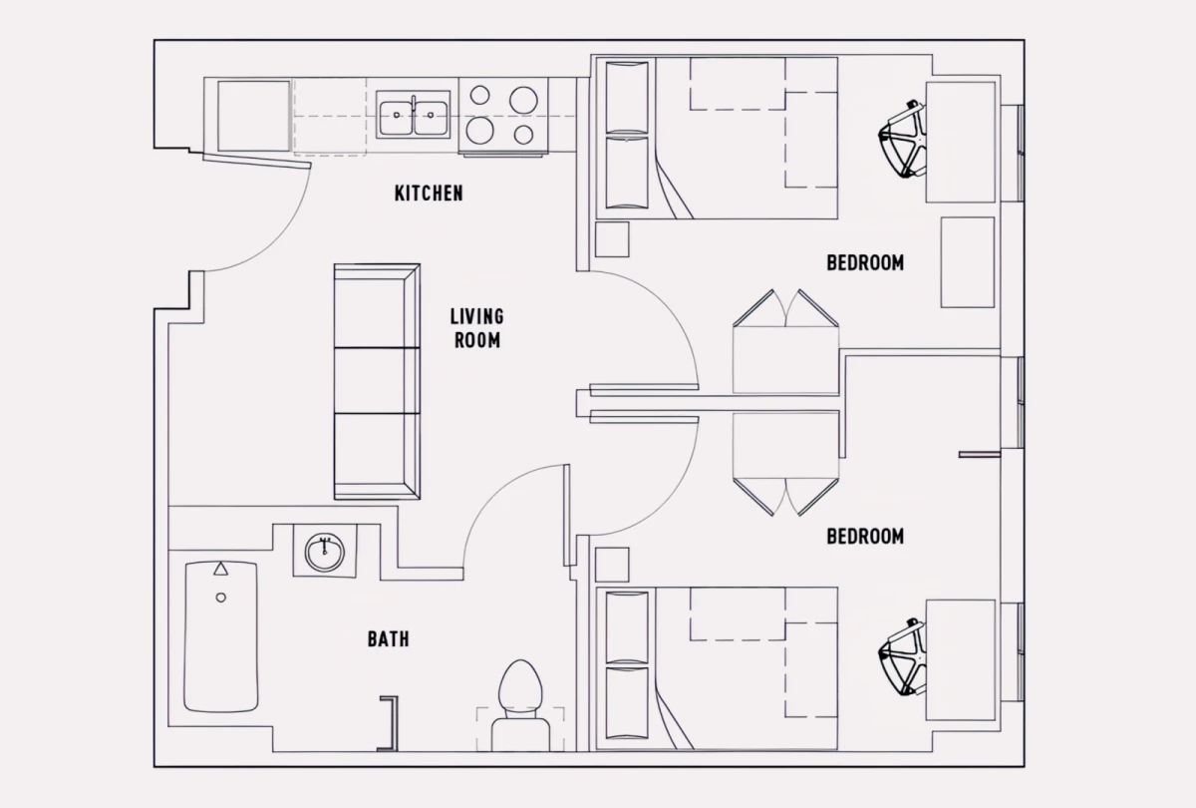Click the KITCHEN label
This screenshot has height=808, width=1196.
point(429,193)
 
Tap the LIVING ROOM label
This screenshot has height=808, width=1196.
point(476,328)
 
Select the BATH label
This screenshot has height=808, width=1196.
point(388,639)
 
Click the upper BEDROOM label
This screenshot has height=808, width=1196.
point(865,263)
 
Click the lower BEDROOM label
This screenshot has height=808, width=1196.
point(865,537)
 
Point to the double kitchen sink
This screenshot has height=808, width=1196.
point(413,116)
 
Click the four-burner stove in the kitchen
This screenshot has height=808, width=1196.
point(502,116)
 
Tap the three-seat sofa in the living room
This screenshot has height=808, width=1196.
point(376,381)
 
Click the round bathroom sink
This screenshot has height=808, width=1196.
point(324,552)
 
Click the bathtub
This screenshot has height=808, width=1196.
point(221,636)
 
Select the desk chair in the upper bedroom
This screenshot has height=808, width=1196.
point(903,140)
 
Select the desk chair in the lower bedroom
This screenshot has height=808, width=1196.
point(903,658)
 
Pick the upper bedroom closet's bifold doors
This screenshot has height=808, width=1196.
point(785,309)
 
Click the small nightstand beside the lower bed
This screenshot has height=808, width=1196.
point(612,565)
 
